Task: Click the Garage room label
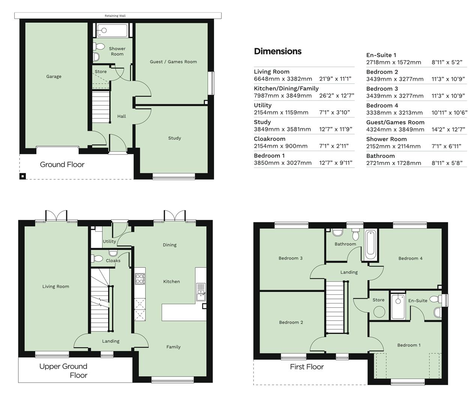pos(54,76)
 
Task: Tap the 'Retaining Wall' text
pos(115,16)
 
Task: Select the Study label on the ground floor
pos(174,138)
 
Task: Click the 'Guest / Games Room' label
pos(173,62)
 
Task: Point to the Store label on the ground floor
pos(101,72)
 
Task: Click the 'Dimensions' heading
pos(278,51)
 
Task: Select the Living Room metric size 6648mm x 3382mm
pos(283,79)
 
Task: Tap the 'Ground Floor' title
pos(62,165)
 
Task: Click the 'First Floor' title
pos(307,367)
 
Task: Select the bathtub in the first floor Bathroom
pos(370,244)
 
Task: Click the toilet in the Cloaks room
pos(98,258)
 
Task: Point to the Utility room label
pos(110,241)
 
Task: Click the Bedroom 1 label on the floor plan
pos(409,345)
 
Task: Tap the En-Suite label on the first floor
pos(418,300)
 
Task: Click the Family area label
pos(173,347)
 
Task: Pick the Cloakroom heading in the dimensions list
pos(269,139)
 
